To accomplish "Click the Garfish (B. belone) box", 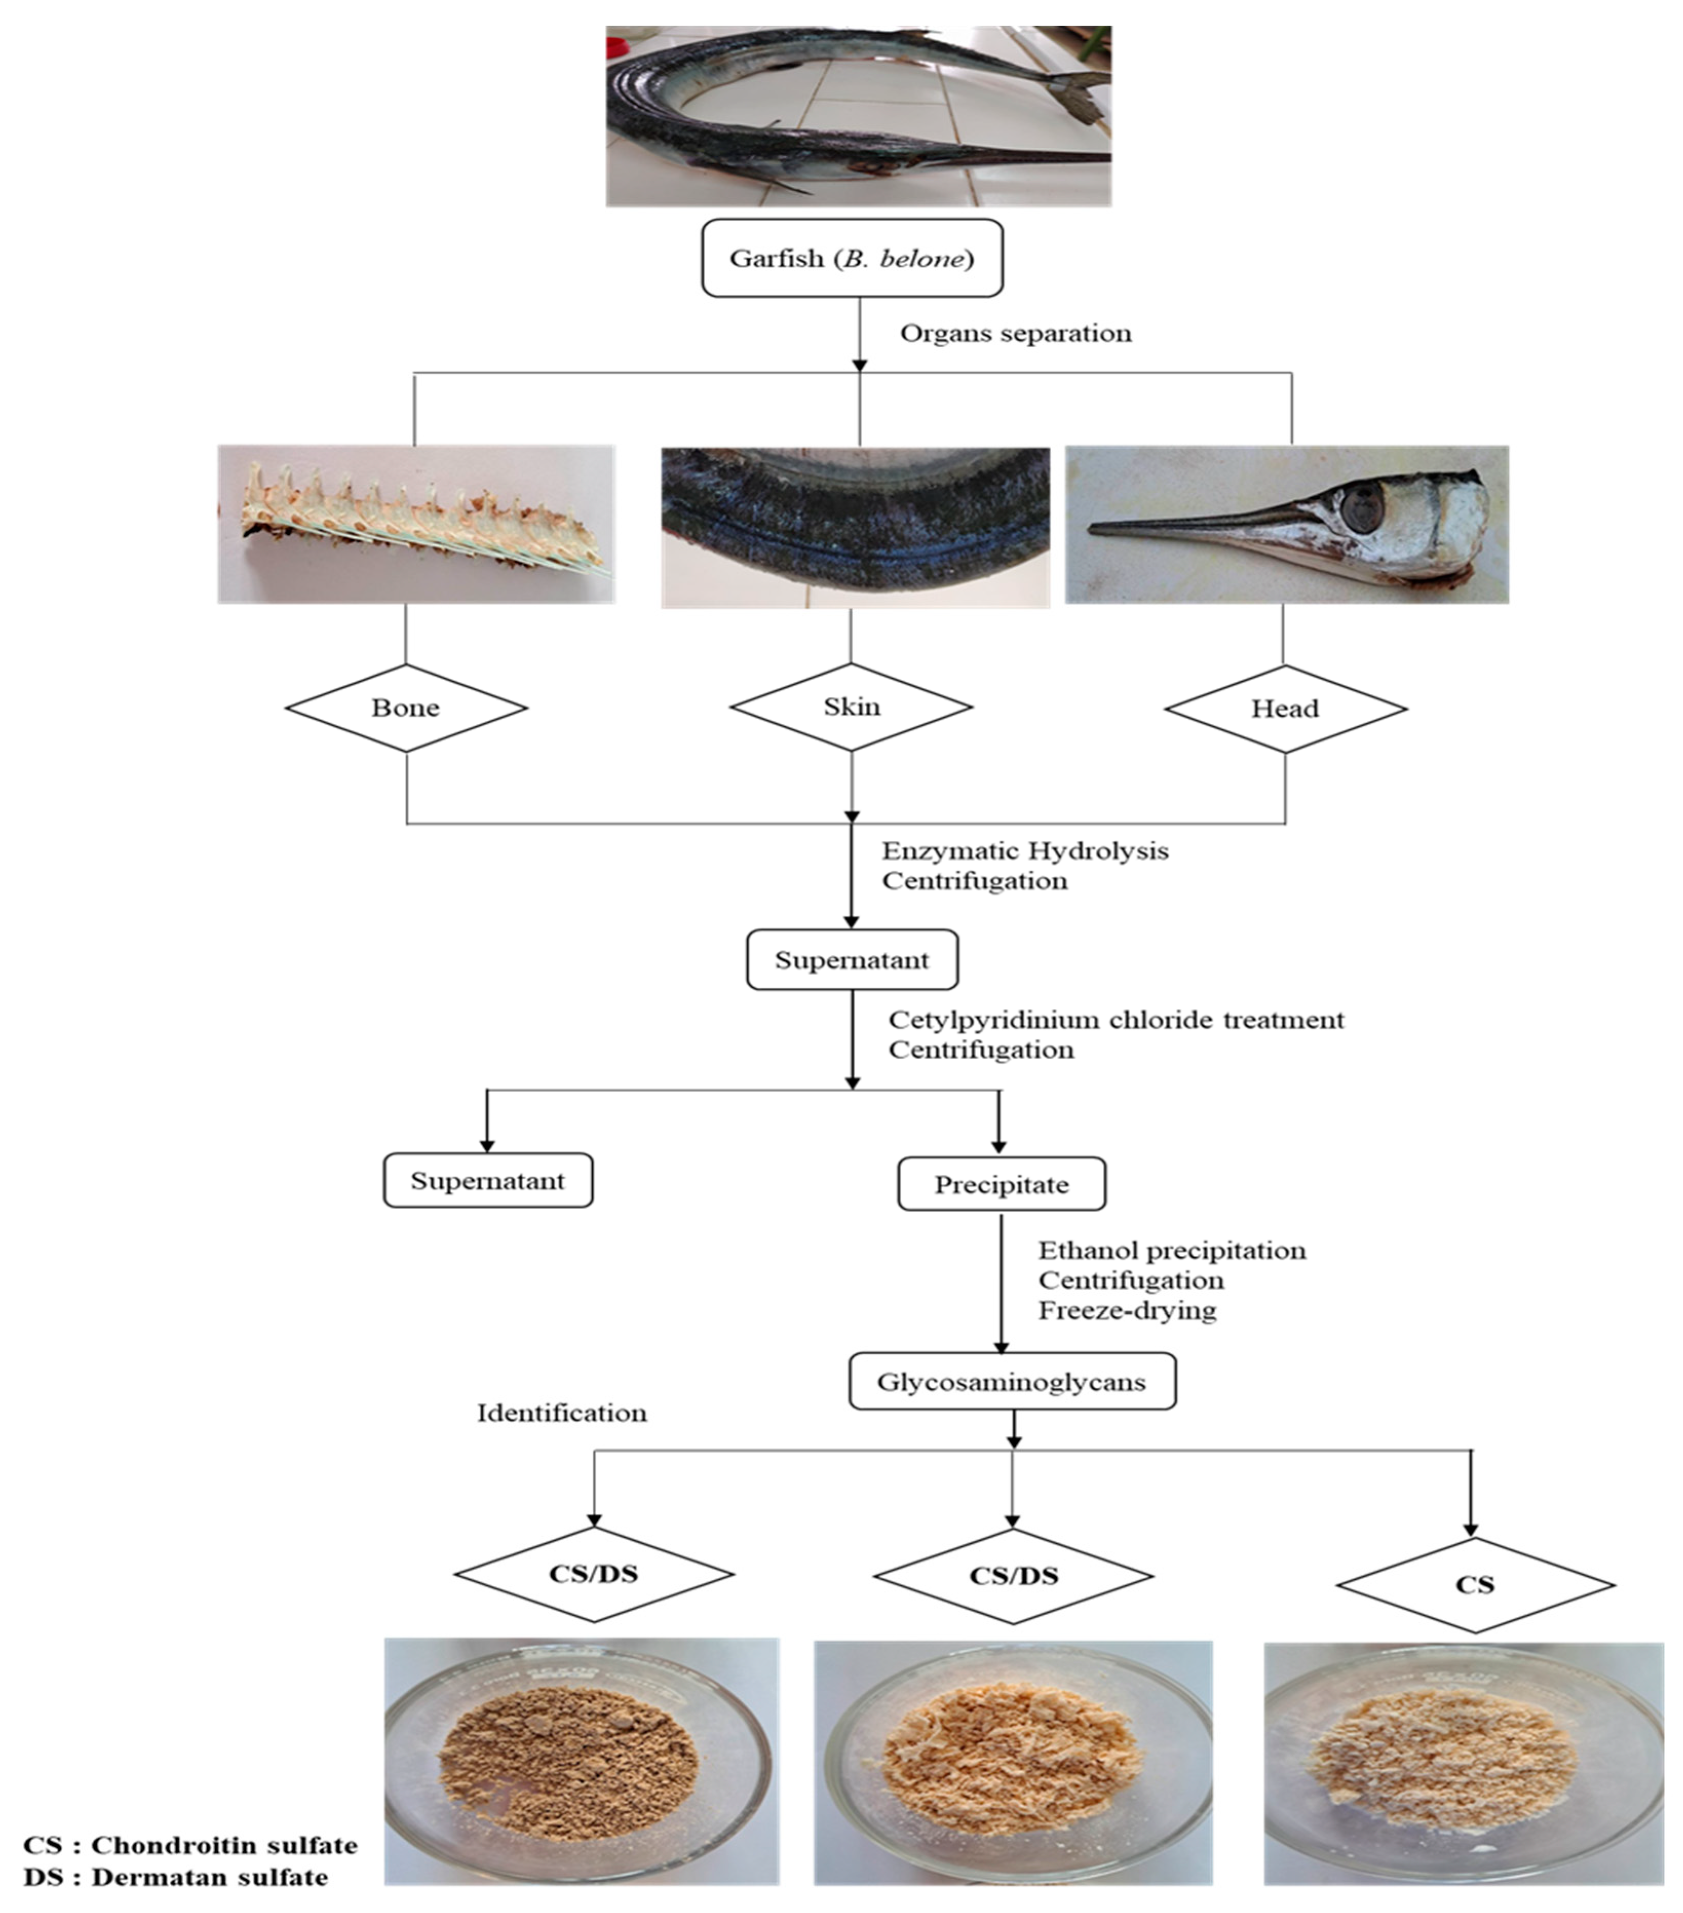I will (x=852, y=258).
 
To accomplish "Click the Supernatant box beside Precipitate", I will (x=488, y=1181).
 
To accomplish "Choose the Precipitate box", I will (x=1001, y=1185).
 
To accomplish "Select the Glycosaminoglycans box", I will (x=1011, y=1382).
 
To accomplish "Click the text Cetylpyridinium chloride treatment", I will (x=1115, y=1020).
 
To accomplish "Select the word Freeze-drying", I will (x=1127, y=1310).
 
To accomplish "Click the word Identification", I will (x=562, y=1413).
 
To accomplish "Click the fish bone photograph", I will (x=416, y=524).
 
